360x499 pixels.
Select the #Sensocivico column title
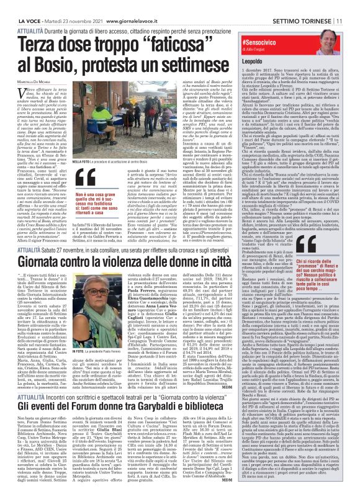[256, 39]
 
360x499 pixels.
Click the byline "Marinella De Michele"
[29, 83]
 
